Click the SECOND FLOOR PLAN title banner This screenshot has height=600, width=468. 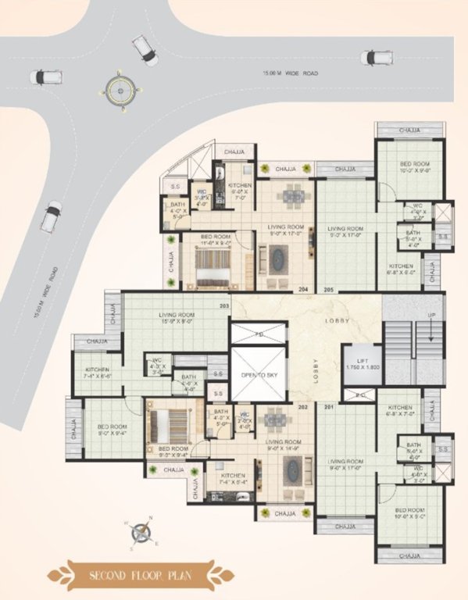coord(140,577)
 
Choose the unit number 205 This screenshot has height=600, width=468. coord(328,290)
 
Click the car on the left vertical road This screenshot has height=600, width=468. coord(52,216)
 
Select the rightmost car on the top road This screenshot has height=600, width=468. coord(377,57)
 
